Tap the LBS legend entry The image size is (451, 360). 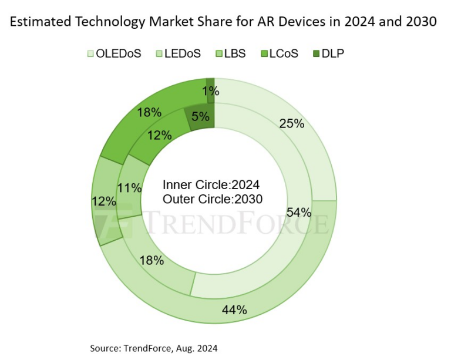click(x=230, y=53)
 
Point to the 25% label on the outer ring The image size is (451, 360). click(x=292, y=123)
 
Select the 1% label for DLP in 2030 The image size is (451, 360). click(x=210, y=91)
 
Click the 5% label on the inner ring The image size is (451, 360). click(x=200, y=116)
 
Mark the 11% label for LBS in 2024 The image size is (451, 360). click(x=130, y=189)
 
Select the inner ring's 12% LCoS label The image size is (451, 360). click(x=159, y=135)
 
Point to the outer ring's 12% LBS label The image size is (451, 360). click(x=103, y=201)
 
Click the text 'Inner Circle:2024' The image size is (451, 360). click(x=212, y=184)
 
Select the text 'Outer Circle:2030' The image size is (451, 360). click(x=212, y=198)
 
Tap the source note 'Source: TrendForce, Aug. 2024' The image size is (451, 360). click(x=154, y=348)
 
